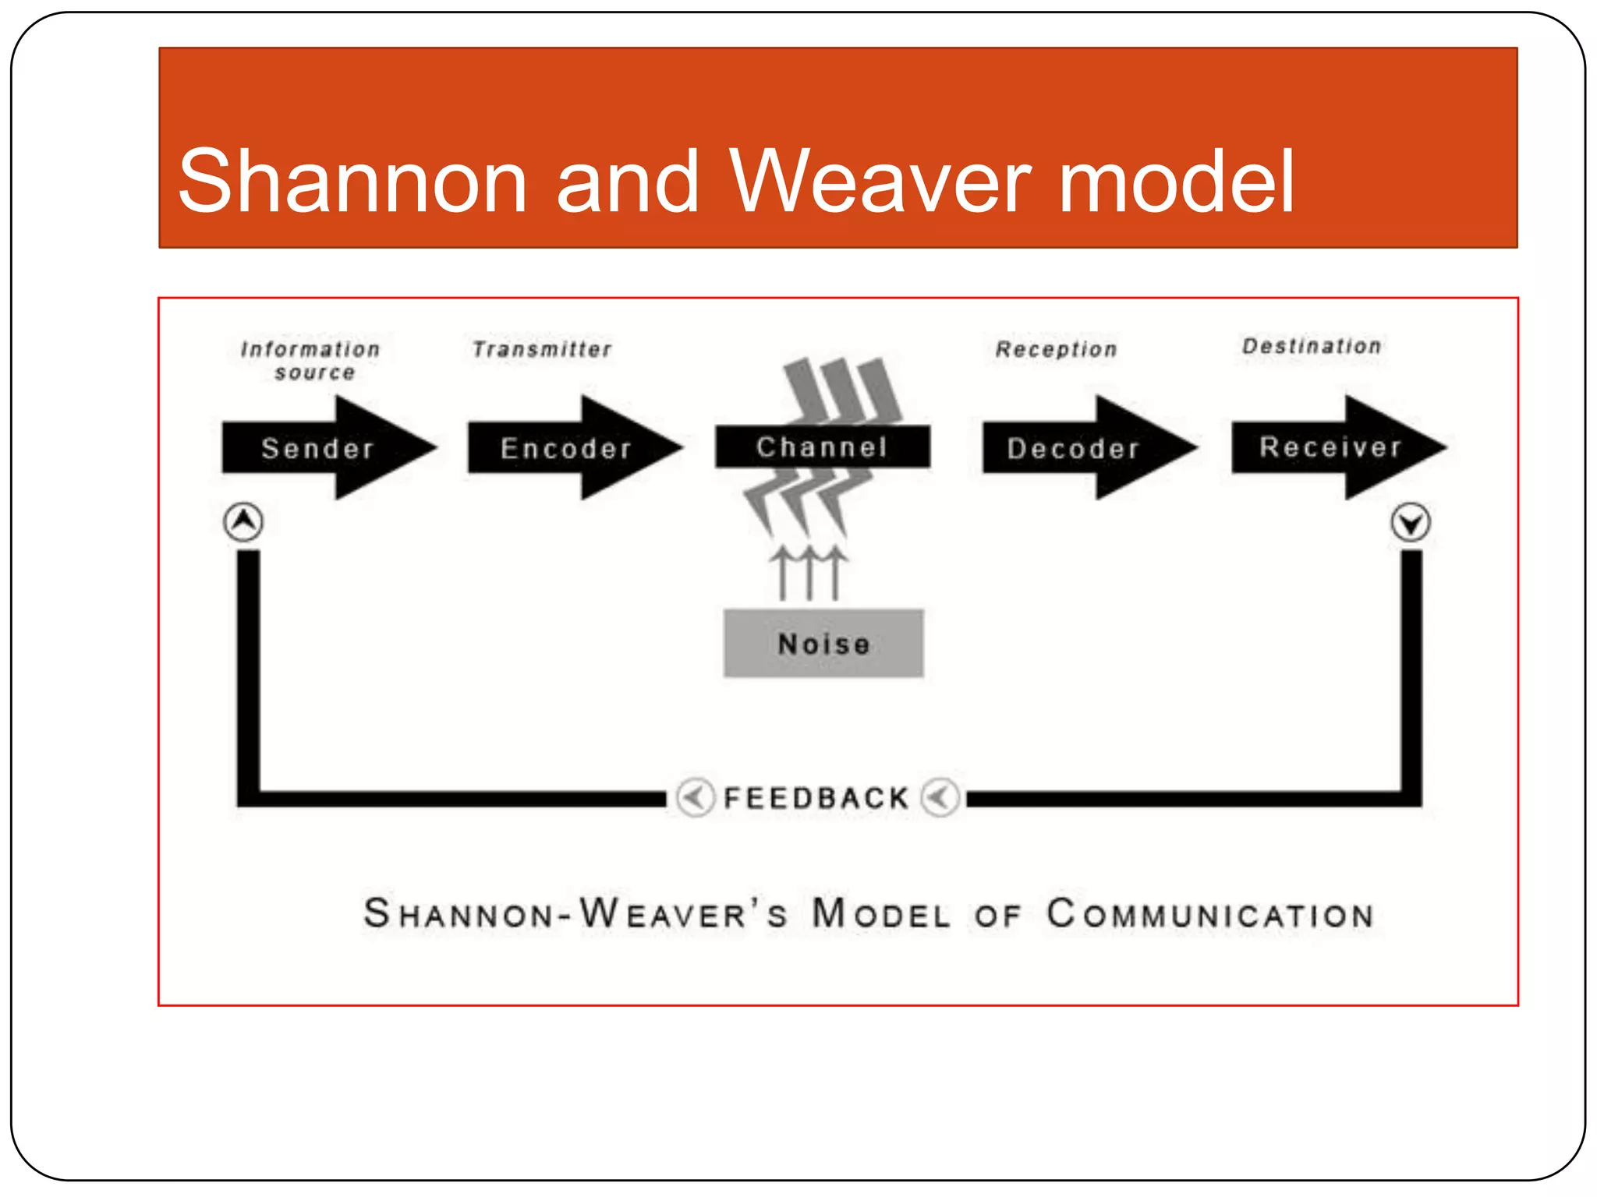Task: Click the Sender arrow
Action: (x=320, y=448)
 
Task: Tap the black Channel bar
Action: (x=823, y=447)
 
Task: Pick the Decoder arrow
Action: (x=1075, y=448)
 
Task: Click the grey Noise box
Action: (x=823, y=644)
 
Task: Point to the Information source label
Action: (x=311, y=360)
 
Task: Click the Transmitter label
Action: (x=542, y=349)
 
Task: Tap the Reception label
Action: (x=1057, y=349)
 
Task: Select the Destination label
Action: (x=1312, y=346)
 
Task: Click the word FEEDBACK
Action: (x=816, y=798)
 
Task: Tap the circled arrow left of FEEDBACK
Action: (x=694, y=797)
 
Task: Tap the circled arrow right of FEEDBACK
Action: (x=940, y=797)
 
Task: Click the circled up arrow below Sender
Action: (x=243, y=521)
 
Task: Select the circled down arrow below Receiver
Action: (x=1410, y=522)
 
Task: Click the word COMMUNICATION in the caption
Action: (x=1209, y=914)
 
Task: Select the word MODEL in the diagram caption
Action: (x=881, y=914)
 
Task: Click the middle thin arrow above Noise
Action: (x=809, y=573)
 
